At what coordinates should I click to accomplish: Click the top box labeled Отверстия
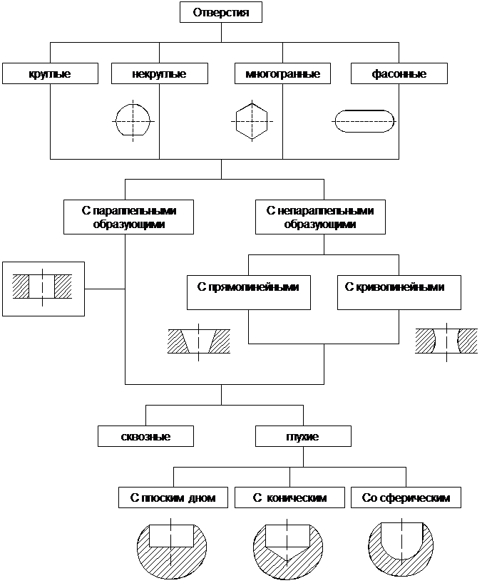[x=221, y=13]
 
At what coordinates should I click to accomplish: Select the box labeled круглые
[x=49, y=73]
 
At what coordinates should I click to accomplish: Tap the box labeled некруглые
[x=159, y=73]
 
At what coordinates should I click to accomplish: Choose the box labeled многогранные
[x=282, y=73]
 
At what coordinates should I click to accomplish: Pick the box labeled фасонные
[x=399, y=73]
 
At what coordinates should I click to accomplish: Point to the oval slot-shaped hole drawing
[x=364, y=120]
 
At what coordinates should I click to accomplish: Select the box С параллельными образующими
[x=128, y=217]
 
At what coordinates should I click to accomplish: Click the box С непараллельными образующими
[x=320, y=217]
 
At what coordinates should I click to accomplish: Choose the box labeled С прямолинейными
[x=248, y=292]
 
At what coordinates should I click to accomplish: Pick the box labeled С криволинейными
[x=399, y=292]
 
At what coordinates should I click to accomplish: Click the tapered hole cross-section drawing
[x=198, y=342]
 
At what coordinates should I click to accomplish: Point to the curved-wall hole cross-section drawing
[x=443, y=342]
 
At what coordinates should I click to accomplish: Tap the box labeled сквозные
[x=145, y=435]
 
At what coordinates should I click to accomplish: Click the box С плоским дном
[x=173, y=497]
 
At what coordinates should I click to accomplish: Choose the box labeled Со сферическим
[x=406, y=497]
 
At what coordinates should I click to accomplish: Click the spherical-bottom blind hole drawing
[x=401, y=549]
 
